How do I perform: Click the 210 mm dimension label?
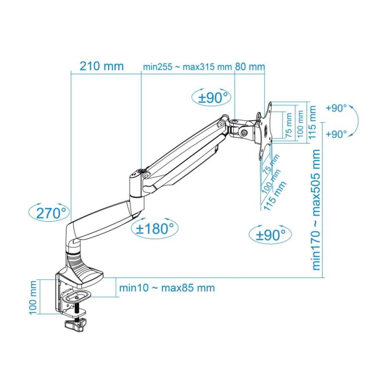101,66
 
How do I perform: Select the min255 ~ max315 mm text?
187,67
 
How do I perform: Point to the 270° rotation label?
49,213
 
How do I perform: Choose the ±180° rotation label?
154,228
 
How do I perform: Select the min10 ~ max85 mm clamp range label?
167,288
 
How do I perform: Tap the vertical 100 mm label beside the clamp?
33,297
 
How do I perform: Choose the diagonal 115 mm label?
275,196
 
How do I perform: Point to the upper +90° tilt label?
336,108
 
